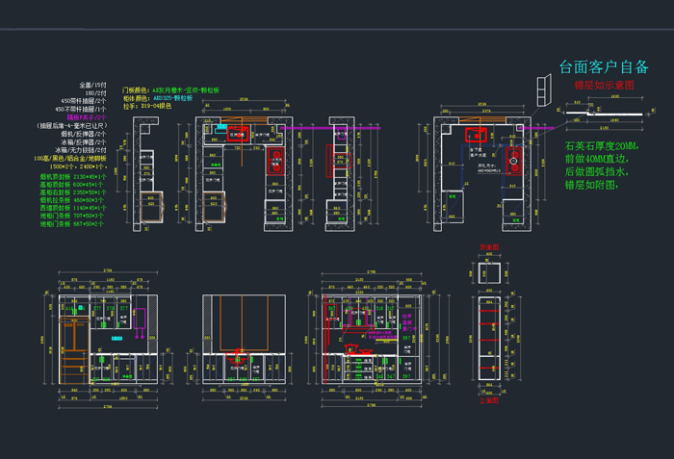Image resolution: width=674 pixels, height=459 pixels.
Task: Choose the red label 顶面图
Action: click(x=489, y=247)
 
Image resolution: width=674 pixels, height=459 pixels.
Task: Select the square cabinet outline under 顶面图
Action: click(x=488, y=271)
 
